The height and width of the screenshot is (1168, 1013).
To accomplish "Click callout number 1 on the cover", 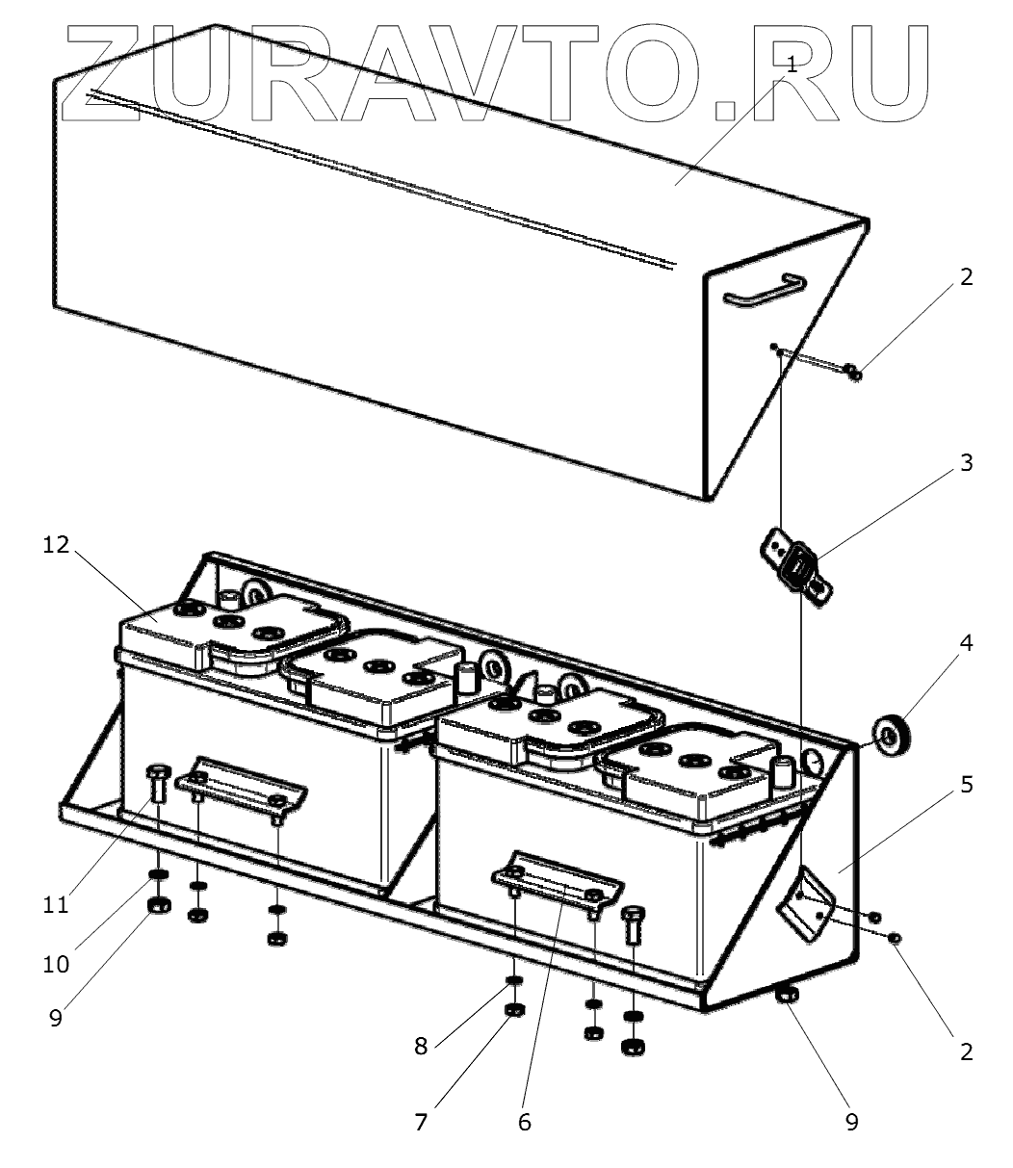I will point(792,65).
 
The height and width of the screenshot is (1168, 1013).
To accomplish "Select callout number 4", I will point(965,643).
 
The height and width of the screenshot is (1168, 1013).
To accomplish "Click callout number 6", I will point(524,1122).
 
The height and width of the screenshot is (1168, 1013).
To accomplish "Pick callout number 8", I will point(421,1047).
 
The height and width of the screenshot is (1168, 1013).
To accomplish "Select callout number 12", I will point(57,545).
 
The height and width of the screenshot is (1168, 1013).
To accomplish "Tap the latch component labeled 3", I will point(795,571).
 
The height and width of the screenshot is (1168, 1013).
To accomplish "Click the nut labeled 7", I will point(514,1010).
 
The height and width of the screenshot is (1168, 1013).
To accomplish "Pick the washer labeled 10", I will point(158,874).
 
